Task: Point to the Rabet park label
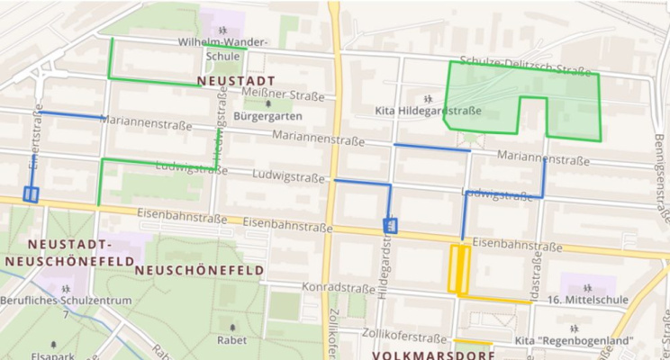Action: tap(231, 340)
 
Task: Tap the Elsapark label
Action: tap(53, 355)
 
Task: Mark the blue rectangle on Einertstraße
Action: tap(31, 193)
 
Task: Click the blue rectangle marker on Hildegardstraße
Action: tap(391, 225)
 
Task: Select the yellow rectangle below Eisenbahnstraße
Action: tap(458, 269)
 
